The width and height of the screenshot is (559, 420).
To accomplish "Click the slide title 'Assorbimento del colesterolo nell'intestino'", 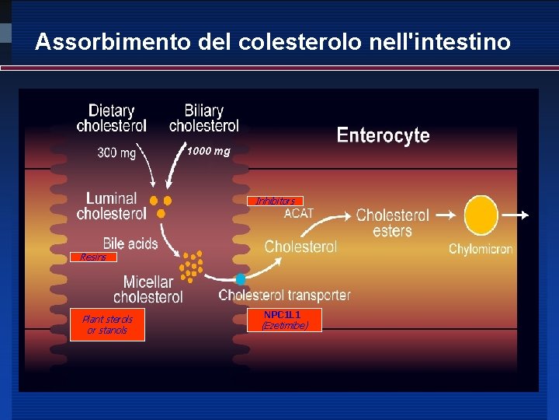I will coord(273,42).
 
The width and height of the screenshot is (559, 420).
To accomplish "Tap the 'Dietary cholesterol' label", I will coord(111,118).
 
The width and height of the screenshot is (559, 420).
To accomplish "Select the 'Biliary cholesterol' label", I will coord(203,118).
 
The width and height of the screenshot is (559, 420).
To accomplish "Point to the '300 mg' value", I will coord(116,153).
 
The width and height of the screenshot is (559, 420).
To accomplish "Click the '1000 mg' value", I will coord(208,151).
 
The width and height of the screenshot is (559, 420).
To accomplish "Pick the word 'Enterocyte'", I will coord(383,135).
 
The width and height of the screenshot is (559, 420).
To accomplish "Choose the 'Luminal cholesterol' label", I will coord(111,206).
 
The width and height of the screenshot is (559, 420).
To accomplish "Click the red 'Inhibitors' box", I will coord(275,201).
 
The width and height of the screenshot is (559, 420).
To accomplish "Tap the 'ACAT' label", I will coord(299,213).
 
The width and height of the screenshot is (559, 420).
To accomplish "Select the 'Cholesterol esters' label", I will coord(392,222).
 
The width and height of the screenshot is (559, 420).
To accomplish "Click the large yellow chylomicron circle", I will coord(481,215).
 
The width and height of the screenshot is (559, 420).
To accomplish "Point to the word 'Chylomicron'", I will coord(481,250).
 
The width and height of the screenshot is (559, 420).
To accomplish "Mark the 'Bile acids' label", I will coord(130,243).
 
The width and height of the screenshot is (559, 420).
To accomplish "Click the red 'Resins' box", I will coord(92,257).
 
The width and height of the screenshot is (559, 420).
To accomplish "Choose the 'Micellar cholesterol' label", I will coord(148,289).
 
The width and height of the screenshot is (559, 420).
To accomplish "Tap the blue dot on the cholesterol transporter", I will coord(241,278).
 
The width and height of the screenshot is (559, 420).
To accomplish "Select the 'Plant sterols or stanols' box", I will coord(107,325).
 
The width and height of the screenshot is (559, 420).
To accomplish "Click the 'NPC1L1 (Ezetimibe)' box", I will coord(284,320).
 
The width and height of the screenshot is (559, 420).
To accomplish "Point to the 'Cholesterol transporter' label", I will coord(284,296).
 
